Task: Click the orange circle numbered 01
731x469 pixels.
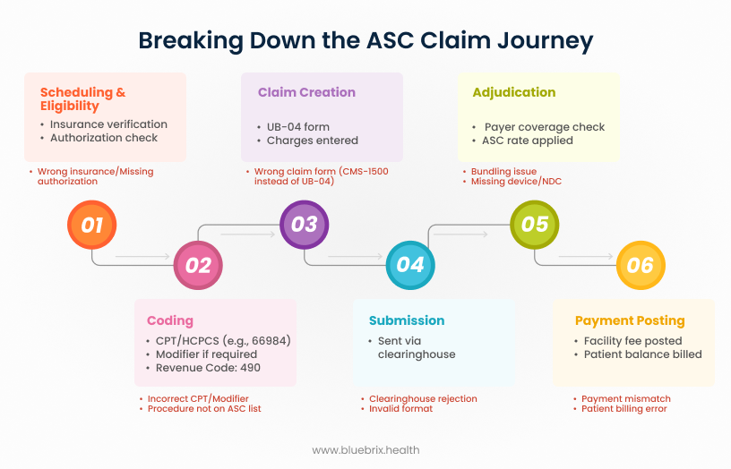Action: (92, 225)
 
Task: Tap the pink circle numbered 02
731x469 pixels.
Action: (198, 265)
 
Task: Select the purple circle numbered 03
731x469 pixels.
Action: (304, 225)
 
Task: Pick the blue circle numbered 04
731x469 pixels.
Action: (409, 265)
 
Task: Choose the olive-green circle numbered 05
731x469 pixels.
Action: (534, 225)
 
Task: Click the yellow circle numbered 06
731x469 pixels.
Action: (640, 265)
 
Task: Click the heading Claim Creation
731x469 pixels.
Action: (306, 92)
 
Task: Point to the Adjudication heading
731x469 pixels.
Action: (513, 92)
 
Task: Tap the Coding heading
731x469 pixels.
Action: (169, 320)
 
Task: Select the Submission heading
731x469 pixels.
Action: (407, 320)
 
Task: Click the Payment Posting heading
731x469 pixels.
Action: (630, 320)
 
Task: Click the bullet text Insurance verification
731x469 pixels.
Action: (108, 124)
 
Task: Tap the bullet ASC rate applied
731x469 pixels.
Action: (528, 141)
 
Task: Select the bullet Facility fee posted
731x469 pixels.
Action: (632, 341)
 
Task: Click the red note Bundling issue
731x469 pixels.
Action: (503, 171)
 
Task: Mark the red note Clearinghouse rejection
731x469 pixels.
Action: (423, 398)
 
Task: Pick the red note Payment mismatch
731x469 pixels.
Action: (625, 398)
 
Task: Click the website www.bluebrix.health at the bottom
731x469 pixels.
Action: (365, 450)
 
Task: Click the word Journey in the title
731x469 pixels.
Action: (543, 41)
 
